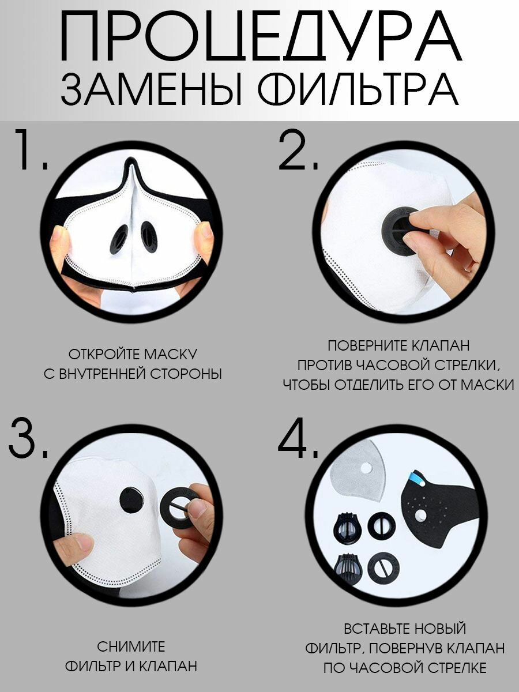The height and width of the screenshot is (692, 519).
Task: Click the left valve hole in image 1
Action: (x=119, y=238)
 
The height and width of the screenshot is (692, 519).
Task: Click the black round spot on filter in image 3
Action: (x=131, y=499)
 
